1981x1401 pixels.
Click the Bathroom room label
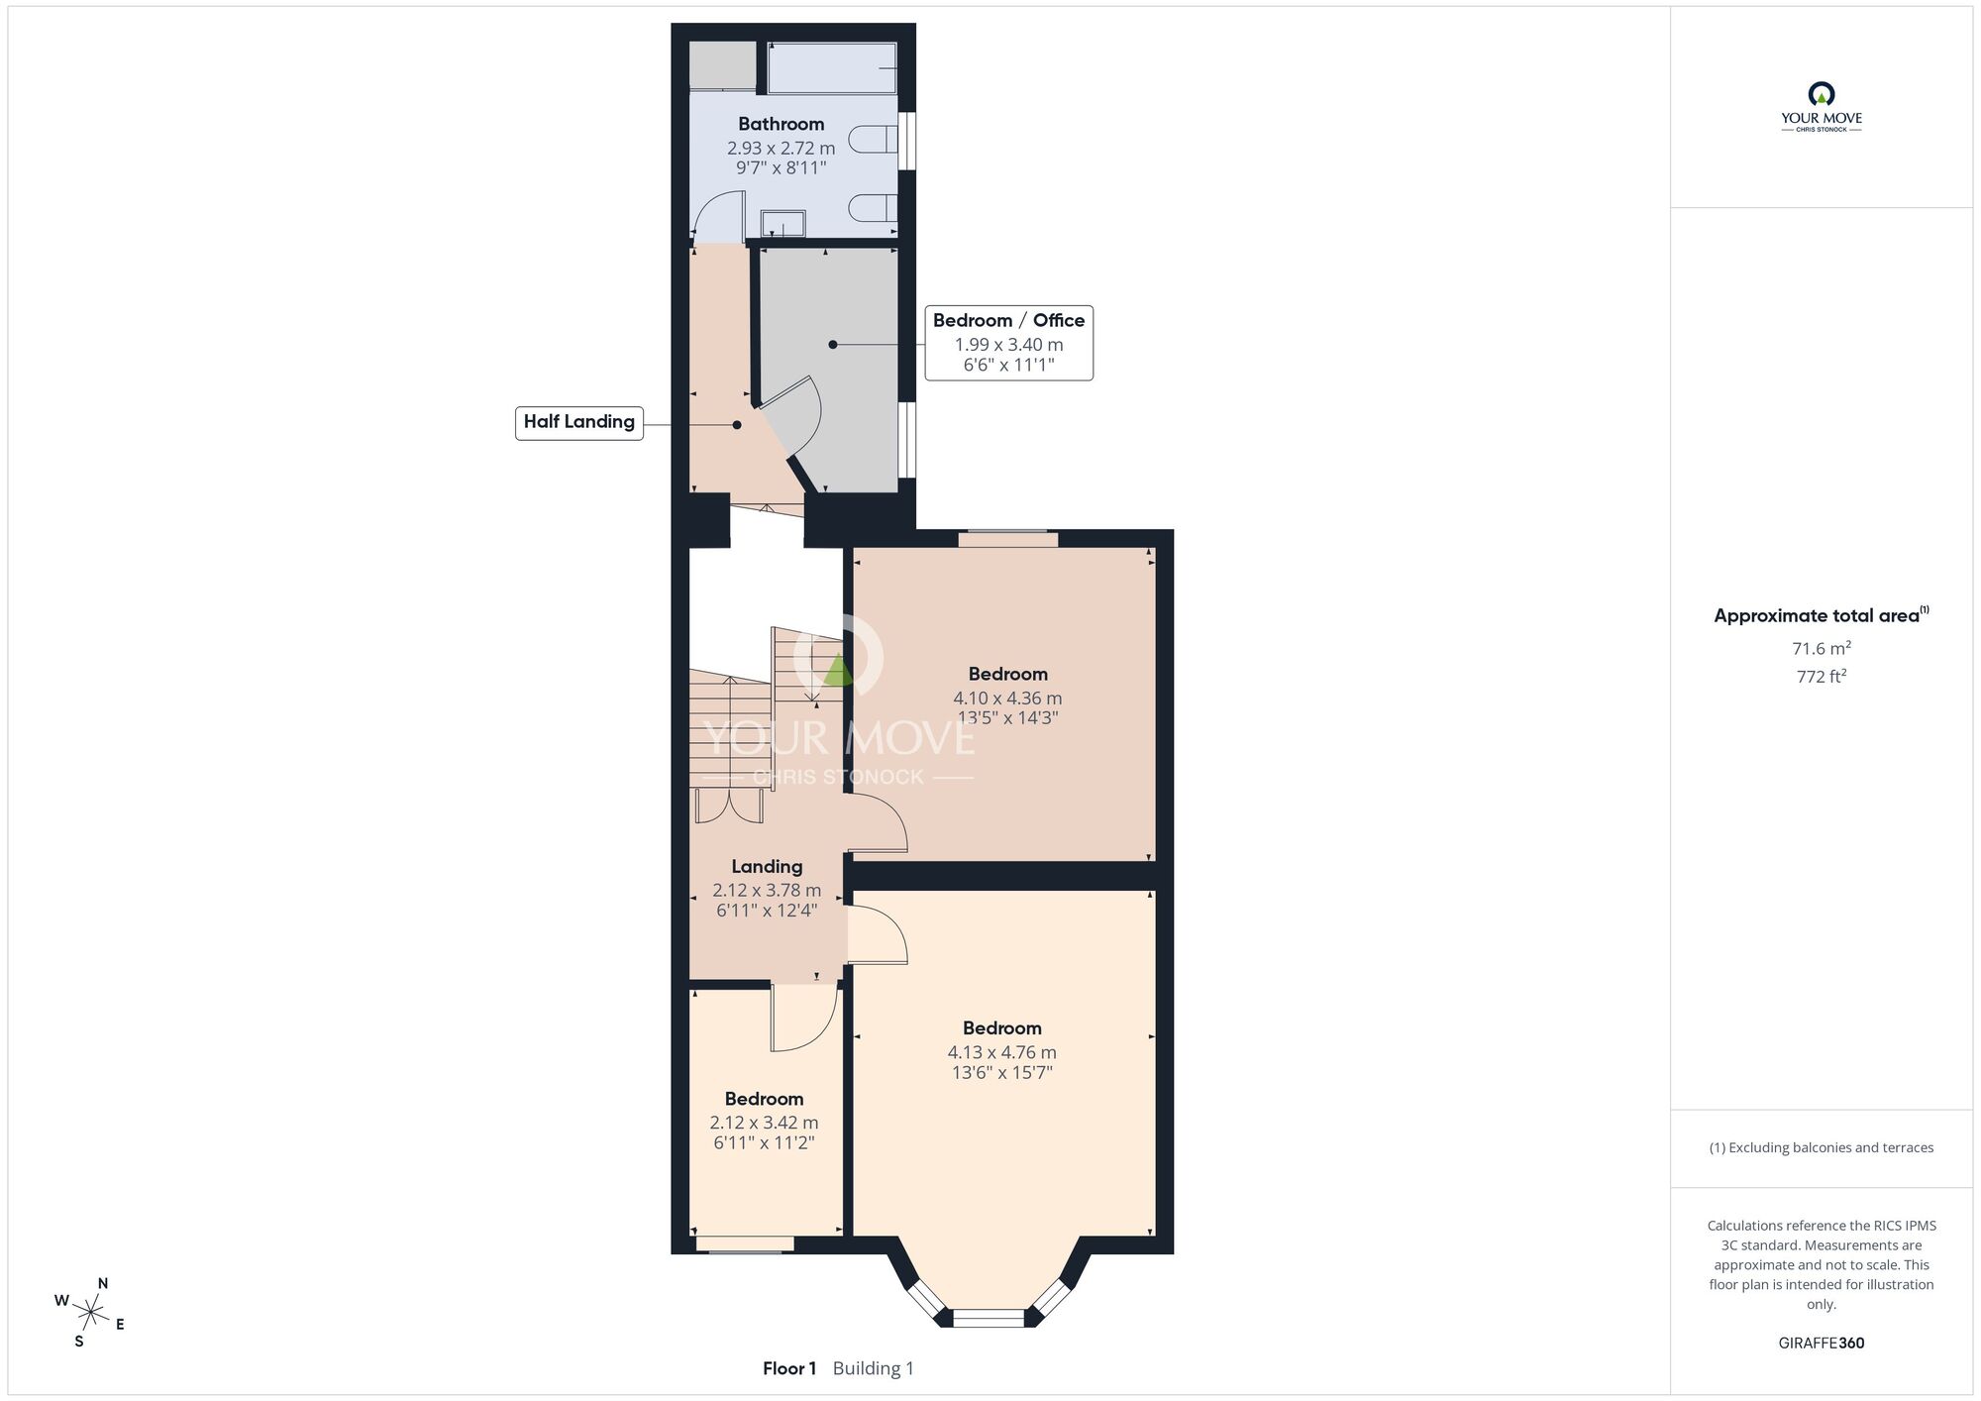tap(781, 124)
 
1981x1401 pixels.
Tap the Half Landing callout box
tap(579, 422)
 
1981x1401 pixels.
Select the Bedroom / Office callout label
tap(1008, 320)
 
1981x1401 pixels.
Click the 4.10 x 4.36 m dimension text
tap(1007, 698)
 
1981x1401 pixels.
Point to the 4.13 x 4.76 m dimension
tap(1001, 1052)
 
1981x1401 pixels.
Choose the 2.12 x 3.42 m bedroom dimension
tap(764, 1123)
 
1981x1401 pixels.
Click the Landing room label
tap(767, 866)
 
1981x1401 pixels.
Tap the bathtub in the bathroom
tap(832, 67)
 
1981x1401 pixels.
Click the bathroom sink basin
tap(782, 224)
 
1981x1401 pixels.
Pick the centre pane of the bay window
tap(988, 1318)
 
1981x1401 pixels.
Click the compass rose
tap(90, 1314)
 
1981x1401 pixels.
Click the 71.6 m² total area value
tap(1821, 649)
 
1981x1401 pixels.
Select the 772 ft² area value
tap(1821, 677)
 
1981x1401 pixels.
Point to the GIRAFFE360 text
tap(1821, 1344)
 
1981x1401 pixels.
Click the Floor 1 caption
tap(789, 1368)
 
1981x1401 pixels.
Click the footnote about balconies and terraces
tap(1821, 1147)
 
